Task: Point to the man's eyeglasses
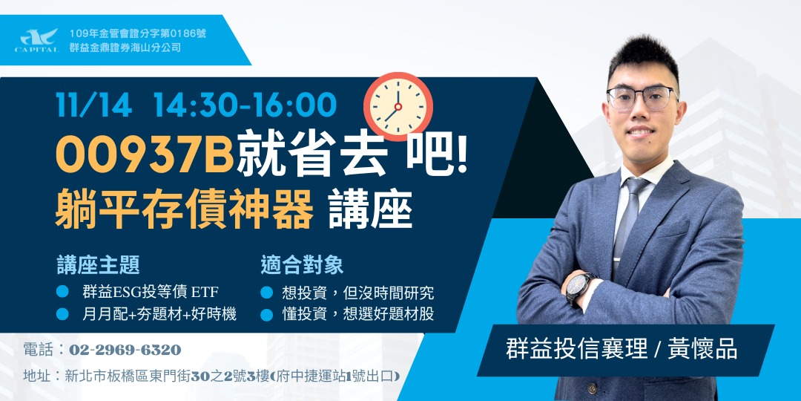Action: coord(642,97)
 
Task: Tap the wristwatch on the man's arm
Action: coord(580,287)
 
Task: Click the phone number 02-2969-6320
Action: coord(125,350)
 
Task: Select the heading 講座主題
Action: coord(98,265)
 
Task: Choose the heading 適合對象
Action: coord(302,265)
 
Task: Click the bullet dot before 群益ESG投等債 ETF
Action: coord(63,291)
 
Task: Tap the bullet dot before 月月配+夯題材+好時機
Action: coord(63,314)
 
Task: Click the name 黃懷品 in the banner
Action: coord(704,349)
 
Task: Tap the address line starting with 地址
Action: coord(211,376)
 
